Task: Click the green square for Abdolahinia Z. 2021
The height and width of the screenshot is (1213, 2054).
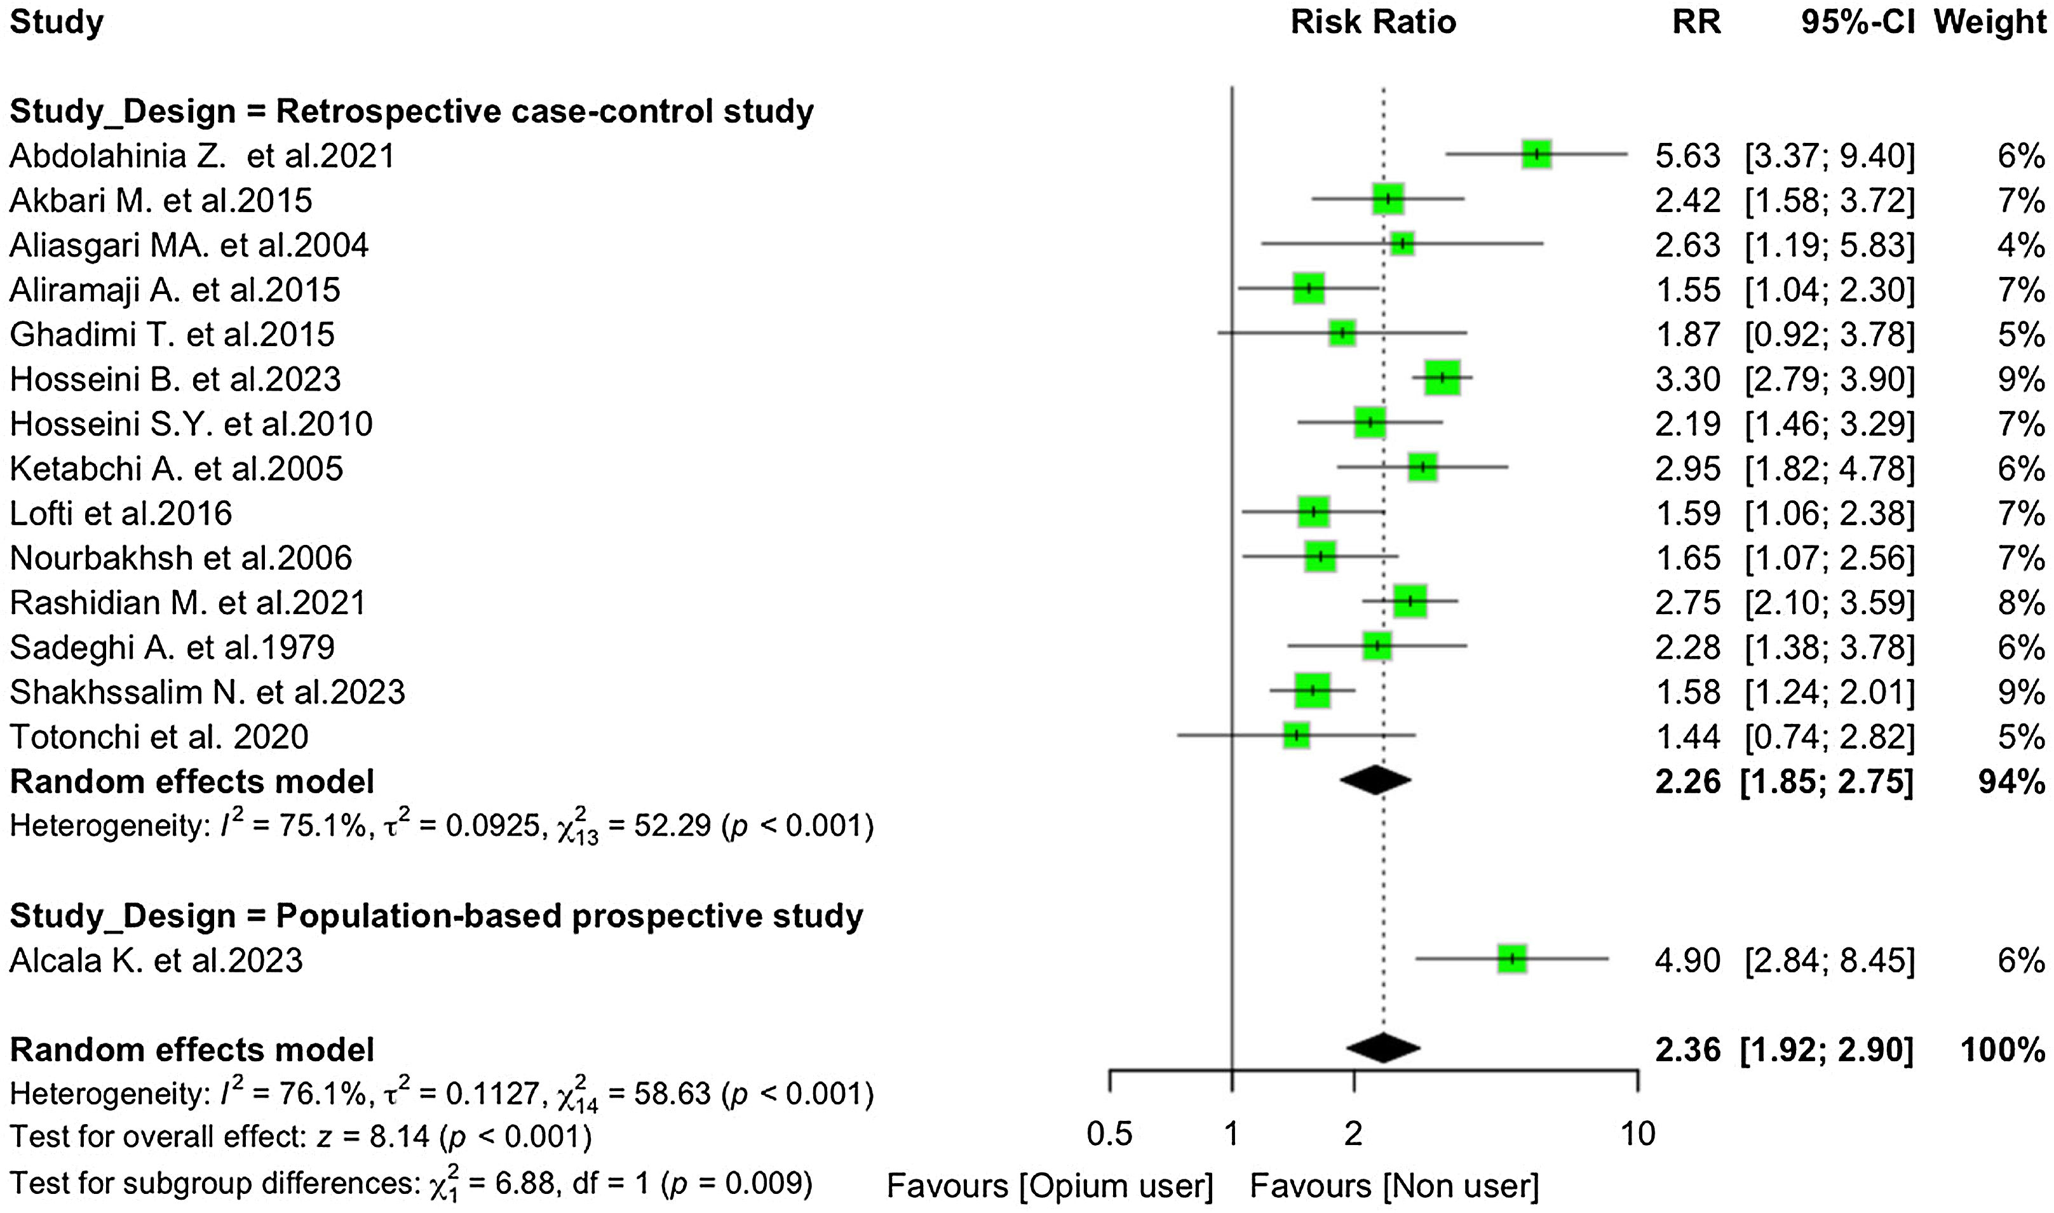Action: click(1536, 154)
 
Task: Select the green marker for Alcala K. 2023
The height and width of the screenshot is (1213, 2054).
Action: click(1512, 959)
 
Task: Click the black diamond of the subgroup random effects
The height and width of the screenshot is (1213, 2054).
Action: click(1375, 781)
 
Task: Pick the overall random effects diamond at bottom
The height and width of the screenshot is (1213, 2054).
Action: click(1382, 1049)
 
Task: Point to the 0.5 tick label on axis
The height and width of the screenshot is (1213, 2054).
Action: click(1109, 1134)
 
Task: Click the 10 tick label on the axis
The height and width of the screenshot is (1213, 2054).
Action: click(1637, 1134)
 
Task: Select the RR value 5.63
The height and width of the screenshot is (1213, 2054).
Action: click(1687, 156)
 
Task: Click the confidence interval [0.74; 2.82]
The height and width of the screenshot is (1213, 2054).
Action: click(1830, 737)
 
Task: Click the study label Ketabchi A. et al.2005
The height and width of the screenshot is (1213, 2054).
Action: click(176, 468)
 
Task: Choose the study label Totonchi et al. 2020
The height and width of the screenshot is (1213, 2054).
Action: click(159, 737)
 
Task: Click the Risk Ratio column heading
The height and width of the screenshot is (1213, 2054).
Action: click(1373, 22)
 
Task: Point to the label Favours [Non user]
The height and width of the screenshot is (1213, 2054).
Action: click(1394, 1185)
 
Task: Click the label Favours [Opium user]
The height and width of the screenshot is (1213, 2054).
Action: click(1049, 1185)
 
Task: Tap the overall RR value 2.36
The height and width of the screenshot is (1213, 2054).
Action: click(1687, 1050)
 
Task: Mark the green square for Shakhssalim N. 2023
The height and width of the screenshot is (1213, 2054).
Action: click(1313, 691)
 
